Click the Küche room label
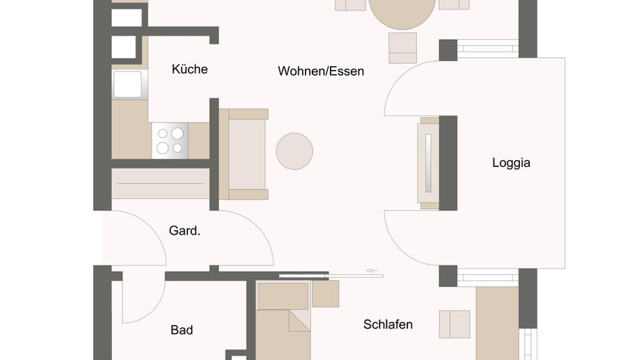(x=190, y=69)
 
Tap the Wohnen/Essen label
(x=321, y=71)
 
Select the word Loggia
(x=511, y=163)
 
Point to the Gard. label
(x=184, y=231)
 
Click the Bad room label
(x=182, y=330)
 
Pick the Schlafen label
(x=387, y=324)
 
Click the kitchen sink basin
(x=127, y=84)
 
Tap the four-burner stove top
(x=170, y=141)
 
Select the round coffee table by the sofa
(x=294, y=151)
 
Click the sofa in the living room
(x=244, y=154)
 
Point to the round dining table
(x=402, y=12)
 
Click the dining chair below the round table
(x=403, y=47)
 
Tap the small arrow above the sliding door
(x=372, y=270)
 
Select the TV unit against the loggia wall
(x=428, y=163)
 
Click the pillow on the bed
(x=283, y=296)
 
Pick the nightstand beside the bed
(x=325, y=294)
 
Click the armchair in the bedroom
(x=454, y=324)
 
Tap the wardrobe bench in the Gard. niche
(x=161, y=184)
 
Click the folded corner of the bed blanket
(x=299, y=321)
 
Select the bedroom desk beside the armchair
(x=497, y=323)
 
